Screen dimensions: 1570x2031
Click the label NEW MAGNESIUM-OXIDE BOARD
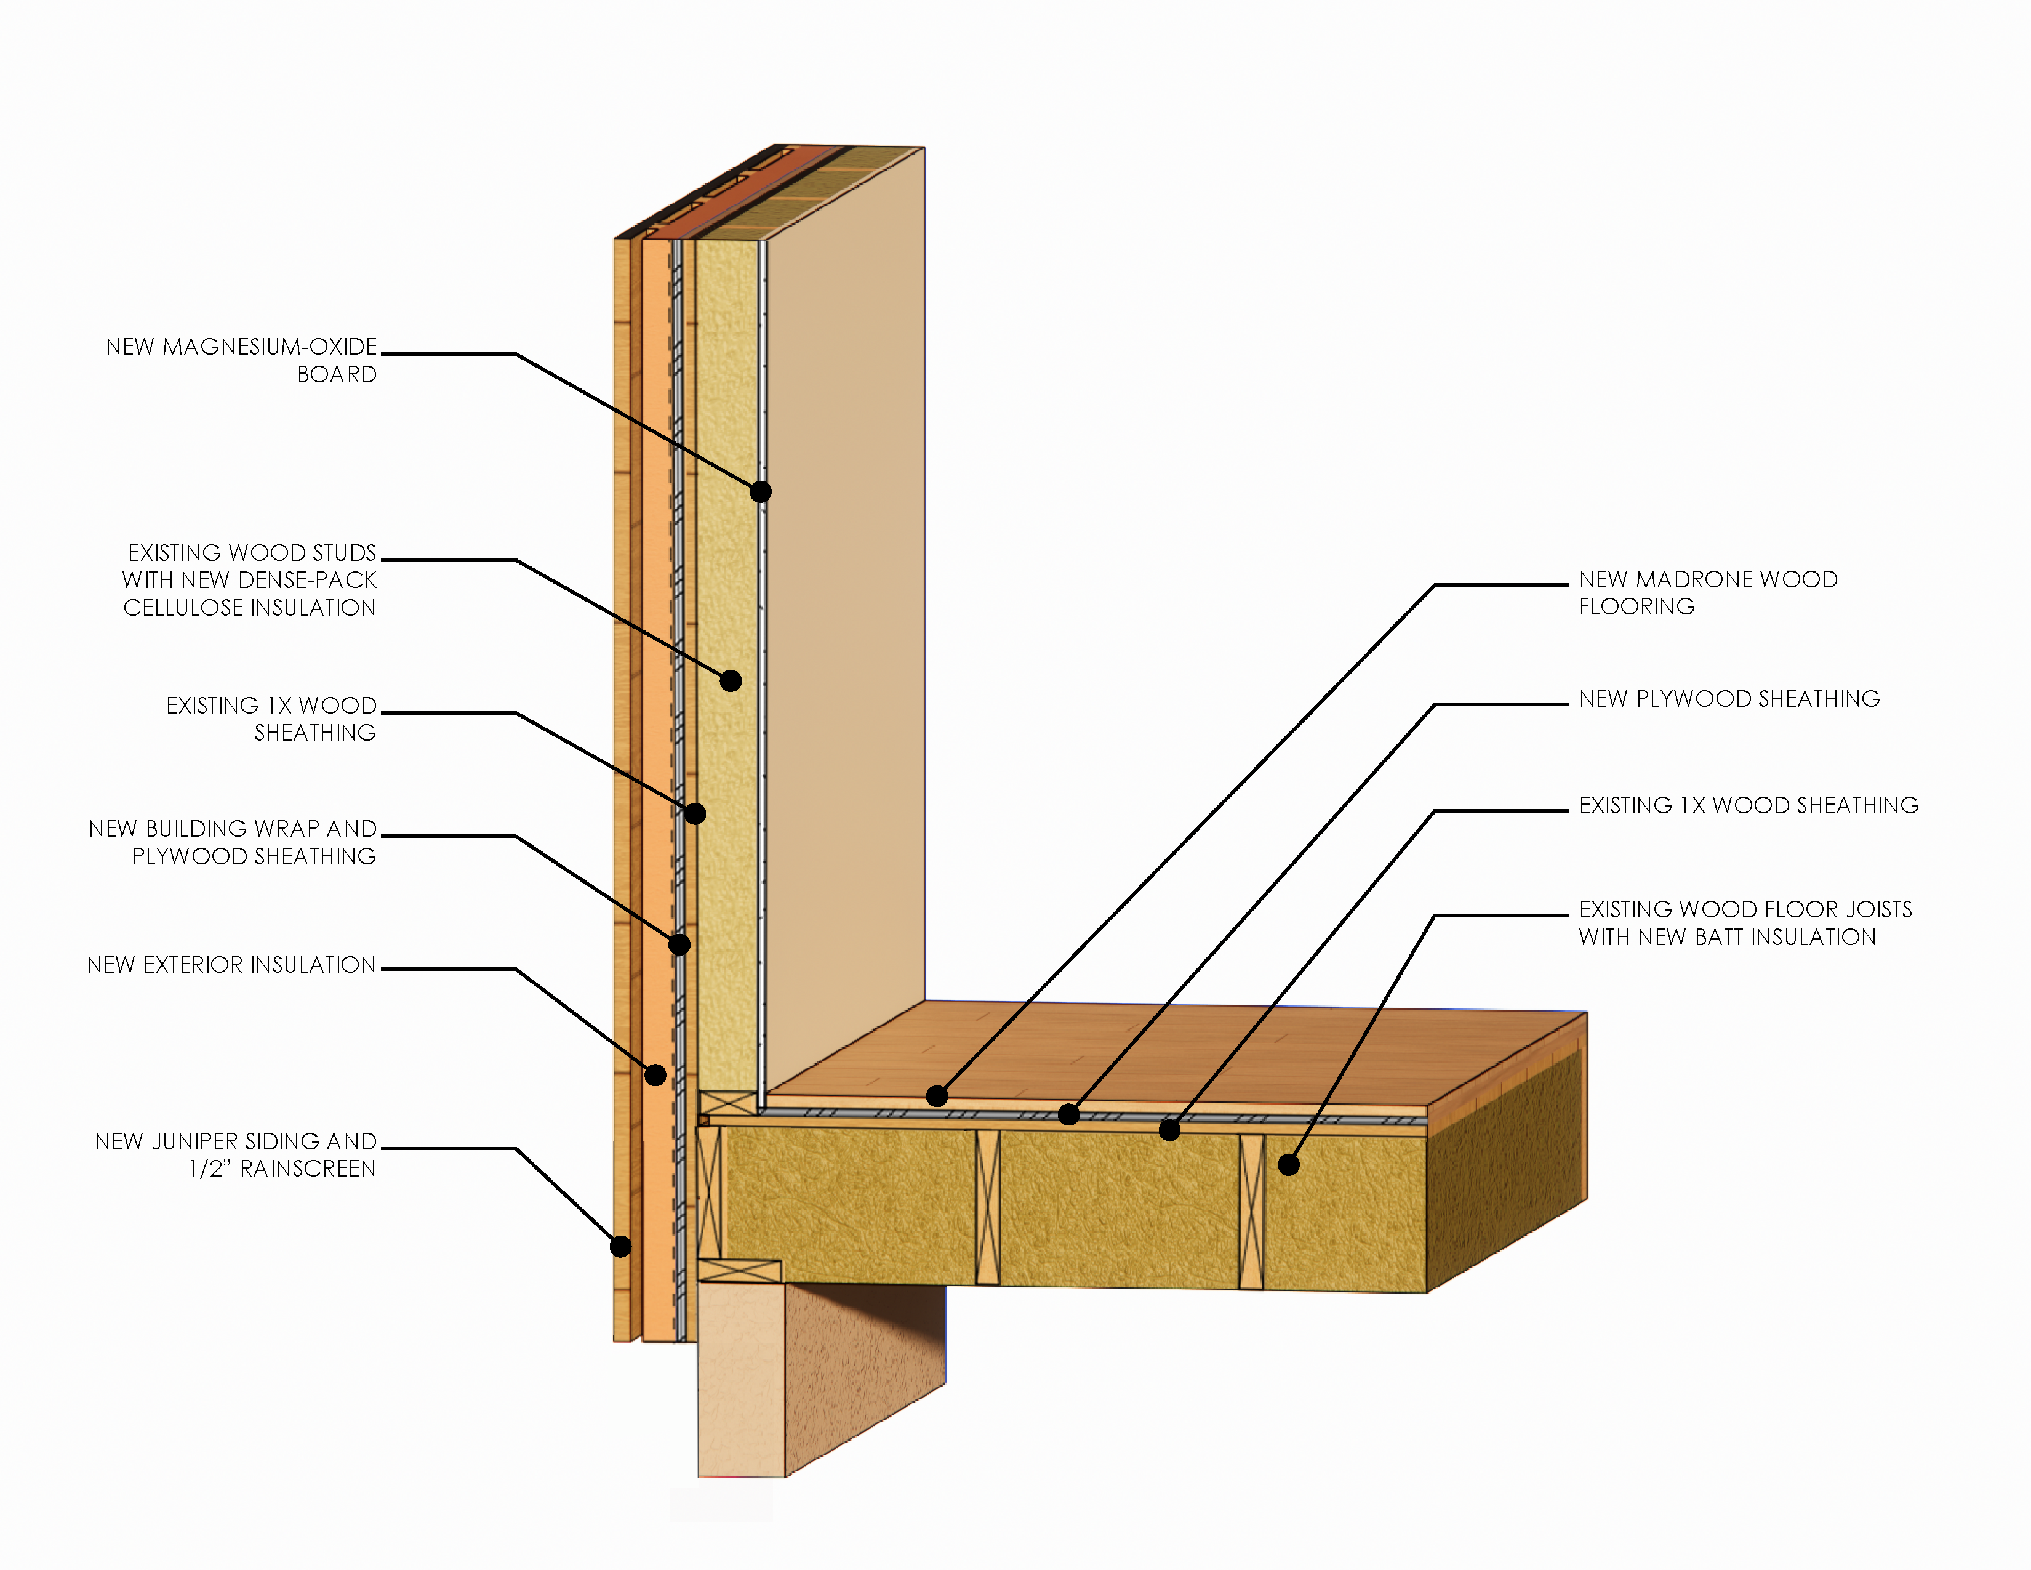(x=242, y=360)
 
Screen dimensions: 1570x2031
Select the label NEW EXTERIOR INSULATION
(x=231, y=965)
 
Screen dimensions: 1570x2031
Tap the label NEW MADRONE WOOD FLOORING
(x=1707, y=592)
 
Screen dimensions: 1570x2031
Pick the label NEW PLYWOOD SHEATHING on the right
(x=1729, y=699)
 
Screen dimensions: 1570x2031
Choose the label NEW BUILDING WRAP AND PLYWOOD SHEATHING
(x=233, y=842)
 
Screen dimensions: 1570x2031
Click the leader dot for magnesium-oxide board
(x=761, y=492)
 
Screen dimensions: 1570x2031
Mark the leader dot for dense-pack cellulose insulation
(x=731, y=681)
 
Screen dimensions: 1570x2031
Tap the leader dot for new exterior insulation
(x=655, y=1075)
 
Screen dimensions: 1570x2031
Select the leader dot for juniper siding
(x=620, y=1246)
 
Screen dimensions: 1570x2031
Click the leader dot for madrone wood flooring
(x=937, y=1097)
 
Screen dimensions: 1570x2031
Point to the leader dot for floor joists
(x=1288, y=1164)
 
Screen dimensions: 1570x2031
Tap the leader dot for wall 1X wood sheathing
(x=695, y=814)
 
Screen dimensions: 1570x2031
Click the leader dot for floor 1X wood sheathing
(x=1170, y=1130)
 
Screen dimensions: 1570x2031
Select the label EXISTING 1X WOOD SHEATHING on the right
(x=1749, y=805)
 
